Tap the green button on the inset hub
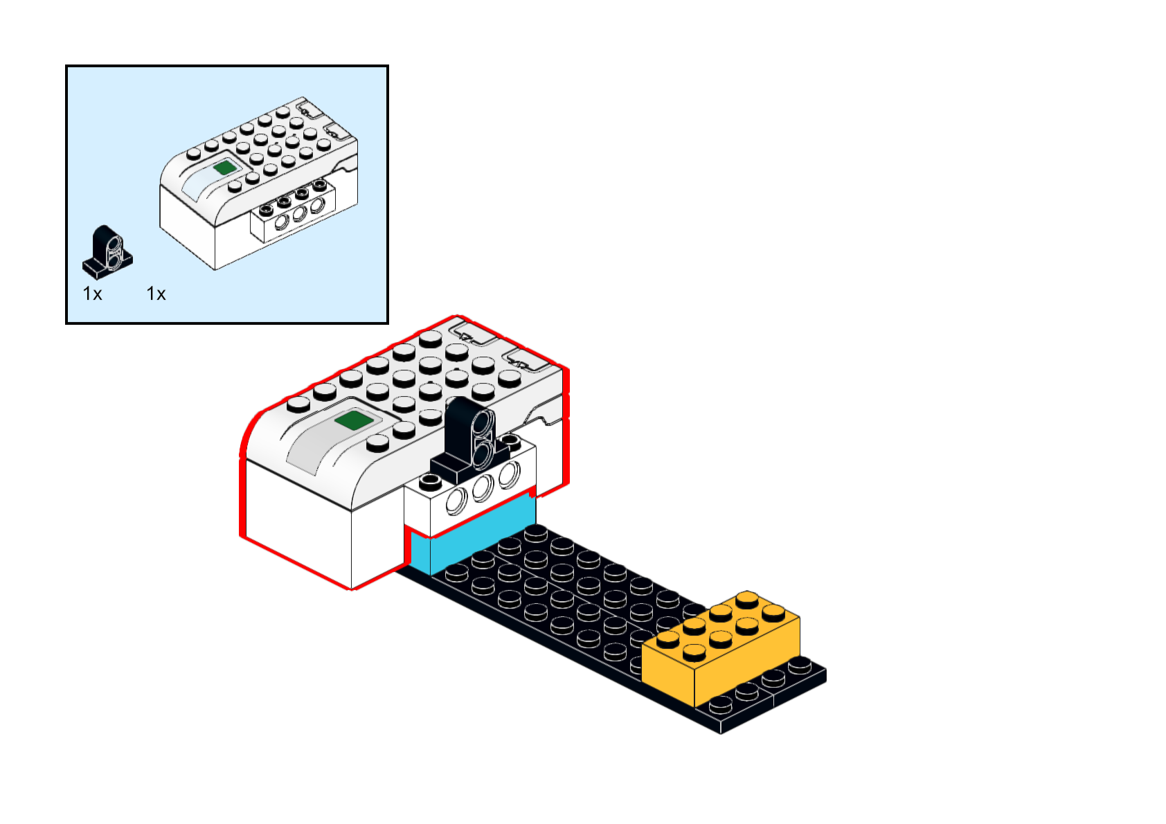pos(224,167)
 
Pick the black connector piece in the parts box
pos(108,251)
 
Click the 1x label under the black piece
pos(92,294)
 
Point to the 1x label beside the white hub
pos(156,294)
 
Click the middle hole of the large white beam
pos(483,488)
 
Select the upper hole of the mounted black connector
pos(482,424)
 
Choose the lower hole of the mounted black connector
pos(482,453)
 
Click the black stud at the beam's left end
pos(430,480)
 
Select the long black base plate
pos(589,609)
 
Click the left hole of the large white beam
pos(456,501)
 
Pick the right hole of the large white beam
pos(509,475)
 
